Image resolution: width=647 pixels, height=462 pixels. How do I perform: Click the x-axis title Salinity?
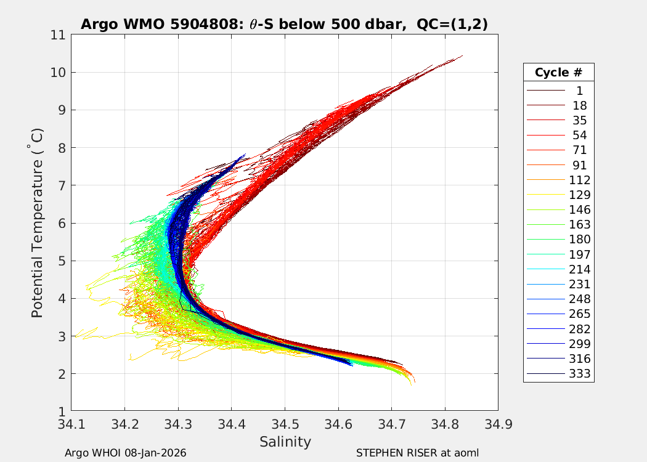(x=285, y=442)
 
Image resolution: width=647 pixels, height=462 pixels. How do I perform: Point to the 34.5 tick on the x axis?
(x=285, y=424)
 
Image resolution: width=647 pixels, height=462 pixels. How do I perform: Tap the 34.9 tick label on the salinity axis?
(x=498, y=424)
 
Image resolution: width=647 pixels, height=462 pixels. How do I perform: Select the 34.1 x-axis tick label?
(x=71, y=424)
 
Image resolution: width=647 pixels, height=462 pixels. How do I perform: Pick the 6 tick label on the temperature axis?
(x=62, y=223)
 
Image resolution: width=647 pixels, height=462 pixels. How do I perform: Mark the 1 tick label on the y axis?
(x=62, y=411)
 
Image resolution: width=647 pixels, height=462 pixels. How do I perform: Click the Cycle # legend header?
(x=558, y=72)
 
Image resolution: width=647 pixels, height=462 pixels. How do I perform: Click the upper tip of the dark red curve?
(x=462, y=56)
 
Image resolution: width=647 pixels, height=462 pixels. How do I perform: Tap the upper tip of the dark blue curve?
(x=245, y=154)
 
